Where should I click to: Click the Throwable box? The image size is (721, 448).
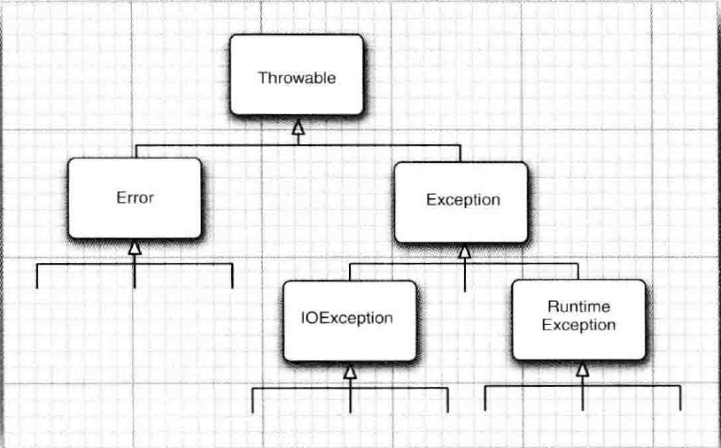tap(296, 77)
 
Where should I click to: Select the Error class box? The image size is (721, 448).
tap(135, 197)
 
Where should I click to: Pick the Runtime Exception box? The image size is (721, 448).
tap(578, 316)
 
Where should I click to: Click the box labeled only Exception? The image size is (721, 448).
tap(461, 200)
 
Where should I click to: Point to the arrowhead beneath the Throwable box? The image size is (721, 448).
tap(298, 130)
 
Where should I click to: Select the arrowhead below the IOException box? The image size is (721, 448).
tap(350, 373)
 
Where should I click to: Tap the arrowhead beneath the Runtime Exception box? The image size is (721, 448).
tap(582, 370)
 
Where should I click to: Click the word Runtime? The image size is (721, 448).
tap(578, 307)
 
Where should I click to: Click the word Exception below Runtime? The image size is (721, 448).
tap(578, 325)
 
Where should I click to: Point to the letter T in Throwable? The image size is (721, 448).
tap(262, 77)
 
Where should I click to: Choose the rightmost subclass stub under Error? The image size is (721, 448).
tap(232, 276)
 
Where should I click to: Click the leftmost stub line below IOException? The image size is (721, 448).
tap(253, 401)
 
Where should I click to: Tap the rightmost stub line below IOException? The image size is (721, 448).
tap(447, 401)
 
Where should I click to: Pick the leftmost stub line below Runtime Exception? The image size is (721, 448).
tap(485, 399)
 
